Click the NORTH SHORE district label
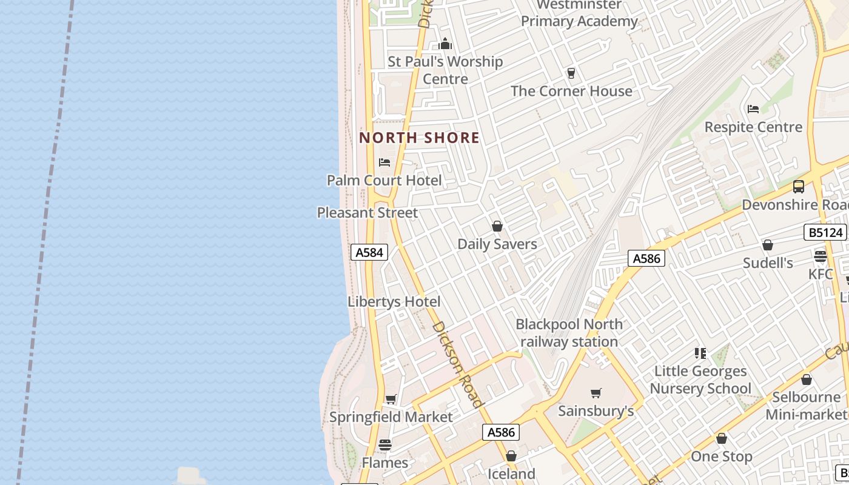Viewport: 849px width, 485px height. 419,138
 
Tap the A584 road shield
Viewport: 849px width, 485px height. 369,252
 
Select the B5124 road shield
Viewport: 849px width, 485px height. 825,232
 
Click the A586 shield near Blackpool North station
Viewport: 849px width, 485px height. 646,258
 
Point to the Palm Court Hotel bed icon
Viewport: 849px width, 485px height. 384,162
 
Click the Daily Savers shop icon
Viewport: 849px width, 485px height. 497,226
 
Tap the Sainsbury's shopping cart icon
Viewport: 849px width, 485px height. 596,393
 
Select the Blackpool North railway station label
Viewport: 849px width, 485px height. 569,333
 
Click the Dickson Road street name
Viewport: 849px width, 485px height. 458,364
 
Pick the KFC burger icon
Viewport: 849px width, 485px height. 820,256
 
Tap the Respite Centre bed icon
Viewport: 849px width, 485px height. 753,109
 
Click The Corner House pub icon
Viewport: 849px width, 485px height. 571,73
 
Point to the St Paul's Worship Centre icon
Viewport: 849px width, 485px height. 445,44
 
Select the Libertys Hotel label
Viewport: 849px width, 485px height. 394,301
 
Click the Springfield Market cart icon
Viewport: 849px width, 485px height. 391,399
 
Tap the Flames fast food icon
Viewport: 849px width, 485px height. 384,445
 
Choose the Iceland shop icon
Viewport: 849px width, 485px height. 511,456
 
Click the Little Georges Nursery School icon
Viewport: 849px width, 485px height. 700,353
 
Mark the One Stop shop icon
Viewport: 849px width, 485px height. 722,438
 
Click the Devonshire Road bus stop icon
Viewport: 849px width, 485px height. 799,187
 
